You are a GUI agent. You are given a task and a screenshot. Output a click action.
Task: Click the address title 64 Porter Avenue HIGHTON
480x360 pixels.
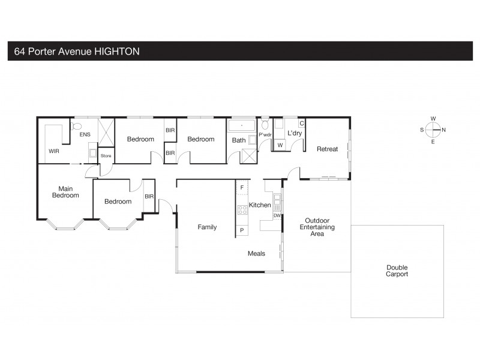77,52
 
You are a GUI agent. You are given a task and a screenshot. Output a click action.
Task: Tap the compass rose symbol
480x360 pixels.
433,130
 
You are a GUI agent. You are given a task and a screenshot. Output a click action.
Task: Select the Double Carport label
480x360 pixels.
397,271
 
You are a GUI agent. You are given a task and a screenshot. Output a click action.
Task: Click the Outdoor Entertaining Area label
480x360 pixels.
317,227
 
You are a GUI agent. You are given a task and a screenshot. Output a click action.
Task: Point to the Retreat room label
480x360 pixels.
328,149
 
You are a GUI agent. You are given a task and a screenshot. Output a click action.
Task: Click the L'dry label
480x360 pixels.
294,133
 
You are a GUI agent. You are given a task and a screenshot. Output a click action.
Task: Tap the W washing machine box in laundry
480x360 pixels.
280,145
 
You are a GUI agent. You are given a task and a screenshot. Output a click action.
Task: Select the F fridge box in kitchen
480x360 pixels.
242,188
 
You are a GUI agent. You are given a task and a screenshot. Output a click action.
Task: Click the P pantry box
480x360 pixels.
242,230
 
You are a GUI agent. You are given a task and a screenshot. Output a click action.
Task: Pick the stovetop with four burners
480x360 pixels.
243,209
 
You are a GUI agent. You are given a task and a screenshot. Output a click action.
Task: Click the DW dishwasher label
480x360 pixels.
277,215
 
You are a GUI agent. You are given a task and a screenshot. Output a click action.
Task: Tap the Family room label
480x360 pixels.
208,227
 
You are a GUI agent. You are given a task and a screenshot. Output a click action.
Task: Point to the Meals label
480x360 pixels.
257,254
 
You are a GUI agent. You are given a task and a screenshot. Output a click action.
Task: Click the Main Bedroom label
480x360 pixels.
65,191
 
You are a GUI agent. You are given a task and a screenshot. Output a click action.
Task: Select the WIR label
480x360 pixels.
55,152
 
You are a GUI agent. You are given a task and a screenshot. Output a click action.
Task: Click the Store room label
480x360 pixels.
106,156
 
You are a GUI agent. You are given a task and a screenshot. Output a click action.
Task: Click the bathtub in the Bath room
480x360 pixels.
242,126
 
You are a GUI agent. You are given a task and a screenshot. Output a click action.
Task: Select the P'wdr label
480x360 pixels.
265,136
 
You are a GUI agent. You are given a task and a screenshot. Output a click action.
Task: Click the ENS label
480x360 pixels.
85,134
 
